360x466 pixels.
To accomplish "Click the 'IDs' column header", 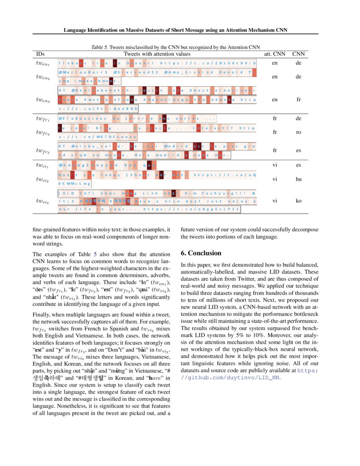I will coord(41,54).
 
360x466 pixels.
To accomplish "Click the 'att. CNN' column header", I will coord(275,54).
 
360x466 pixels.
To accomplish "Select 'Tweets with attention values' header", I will coord(157,54).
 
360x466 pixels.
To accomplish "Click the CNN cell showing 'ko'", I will coord(299,200).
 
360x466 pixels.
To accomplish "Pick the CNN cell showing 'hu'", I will coord(299,179).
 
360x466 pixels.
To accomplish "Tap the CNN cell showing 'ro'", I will coord(299,132).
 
